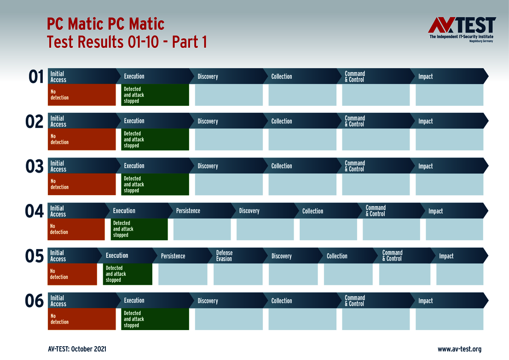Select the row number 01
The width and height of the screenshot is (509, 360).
[36, 77]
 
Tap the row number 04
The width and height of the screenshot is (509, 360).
[34, 211]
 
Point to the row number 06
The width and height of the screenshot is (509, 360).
[34, 301]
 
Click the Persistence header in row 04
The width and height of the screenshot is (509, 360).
[188, 211]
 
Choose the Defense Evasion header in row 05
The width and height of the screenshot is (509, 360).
[224, 255]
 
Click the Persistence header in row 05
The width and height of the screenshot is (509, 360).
[173, 256]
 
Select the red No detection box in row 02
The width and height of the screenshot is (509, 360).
[81, 139]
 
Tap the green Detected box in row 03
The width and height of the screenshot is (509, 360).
[155, 184]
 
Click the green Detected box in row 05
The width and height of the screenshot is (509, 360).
[127, 274]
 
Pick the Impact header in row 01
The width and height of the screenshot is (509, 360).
[426, 76]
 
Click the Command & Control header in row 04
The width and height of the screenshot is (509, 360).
[376, 211]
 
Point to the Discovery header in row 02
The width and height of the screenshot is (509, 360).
[208, 121]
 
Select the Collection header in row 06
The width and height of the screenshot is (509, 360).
[282, 301]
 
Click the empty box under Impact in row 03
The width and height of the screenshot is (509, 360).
[449, 184]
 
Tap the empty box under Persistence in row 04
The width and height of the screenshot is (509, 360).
[202, 229]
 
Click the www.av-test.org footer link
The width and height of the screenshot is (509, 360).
[459, 349]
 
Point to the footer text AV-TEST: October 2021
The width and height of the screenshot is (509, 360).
[77, 349]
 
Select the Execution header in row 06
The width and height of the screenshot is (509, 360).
[134, 301]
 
